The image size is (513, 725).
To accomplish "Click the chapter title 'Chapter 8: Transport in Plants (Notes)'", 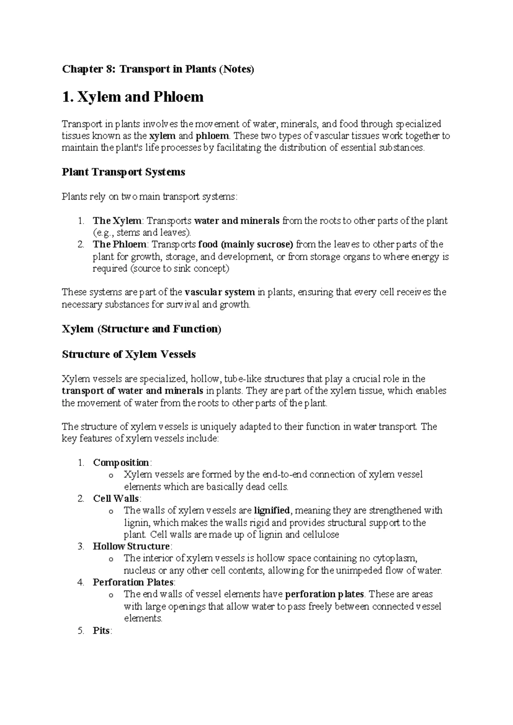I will tap(158, 69).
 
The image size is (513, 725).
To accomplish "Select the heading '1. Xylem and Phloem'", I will tap(133, 97).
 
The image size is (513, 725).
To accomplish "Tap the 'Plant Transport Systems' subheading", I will tap(124, 172).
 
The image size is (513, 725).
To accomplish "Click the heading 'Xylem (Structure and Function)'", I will tap(142, 329).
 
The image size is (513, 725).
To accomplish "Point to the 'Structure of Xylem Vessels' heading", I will tap(129, 354).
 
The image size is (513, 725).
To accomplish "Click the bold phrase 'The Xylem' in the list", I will tap(117, 221).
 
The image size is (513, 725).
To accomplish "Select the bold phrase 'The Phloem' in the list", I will tap(120, 245).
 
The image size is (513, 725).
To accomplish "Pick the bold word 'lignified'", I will tap(272, 510).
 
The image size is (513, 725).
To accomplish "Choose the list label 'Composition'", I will tap(121, 463).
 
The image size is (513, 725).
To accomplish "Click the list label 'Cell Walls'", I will tap(116, 498).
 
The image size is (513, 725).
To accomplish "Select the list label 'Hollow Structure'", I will tap(131, 546).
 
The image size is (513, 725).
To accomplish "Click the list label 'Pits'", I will tap(101, 631).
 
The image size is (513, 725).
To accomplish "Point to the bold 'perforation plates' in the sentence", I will tap(324, 594).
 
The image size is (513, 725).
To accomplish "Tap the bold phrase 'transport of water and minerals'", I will tap(132, 391).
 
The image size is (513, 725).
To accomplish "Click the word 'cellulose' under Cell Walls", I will tap(321, 534).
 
